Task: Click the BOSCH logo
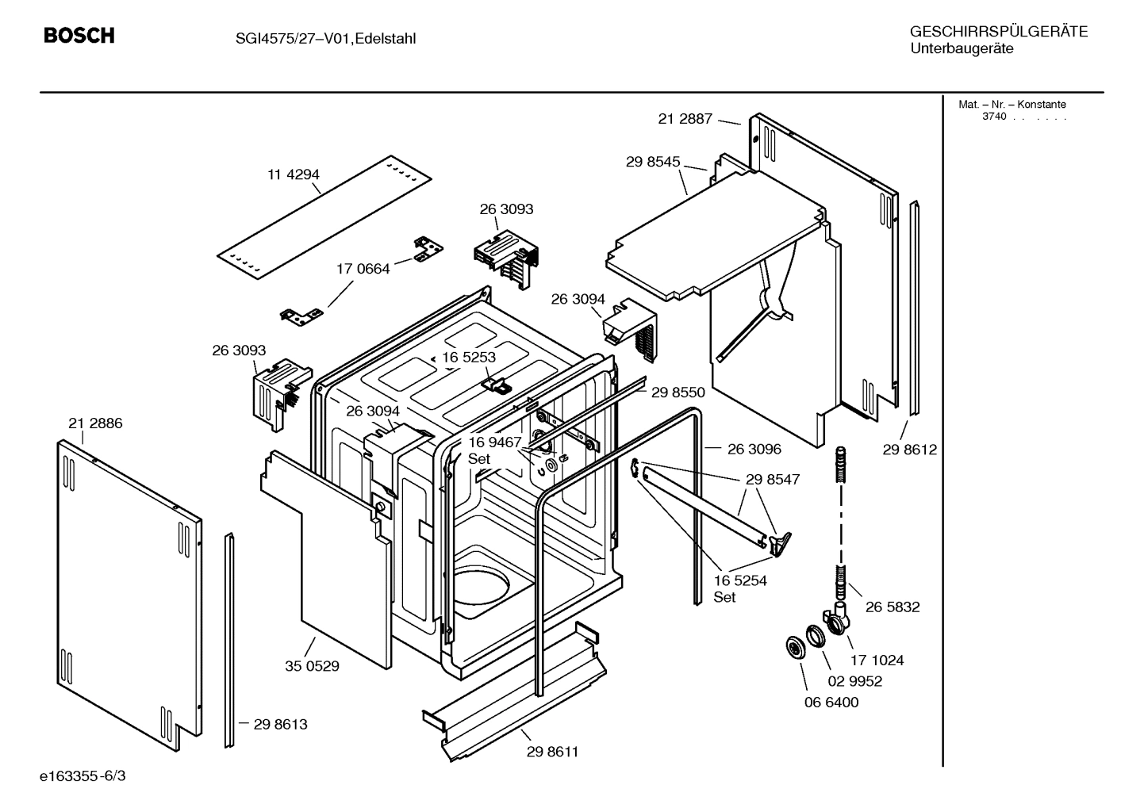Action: (x=79, y=36)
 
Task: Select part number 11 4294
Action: (x=293, y=174)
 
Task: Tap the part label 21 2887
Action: (x=685, y=119)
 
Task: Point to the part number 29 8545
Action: (x=652, y=162)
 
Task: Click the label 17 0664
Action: (x=363, y=269)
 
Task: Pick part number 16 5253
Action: (x=469, y=357)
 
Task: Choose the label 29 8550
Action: (x=678, y=392)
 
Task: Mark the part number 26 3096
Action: (x=754, y=449)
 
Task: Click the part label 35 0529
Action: (x=312, y=666)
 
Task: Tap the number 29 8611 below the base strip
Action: (x=552, y=752)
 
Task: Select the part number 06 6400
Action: (x=831, y=702)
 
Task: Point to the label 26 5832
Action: (x=893, y=607)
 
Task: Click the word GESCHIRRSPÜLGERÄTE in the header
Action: (x=998, y=32)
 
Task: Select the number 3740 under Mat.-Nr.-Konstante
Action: (x=993, y=117)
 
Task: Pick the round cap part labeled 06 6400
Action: (x=793, y=646)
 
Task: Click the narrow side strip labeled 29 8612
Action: (x=916, y=309)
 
